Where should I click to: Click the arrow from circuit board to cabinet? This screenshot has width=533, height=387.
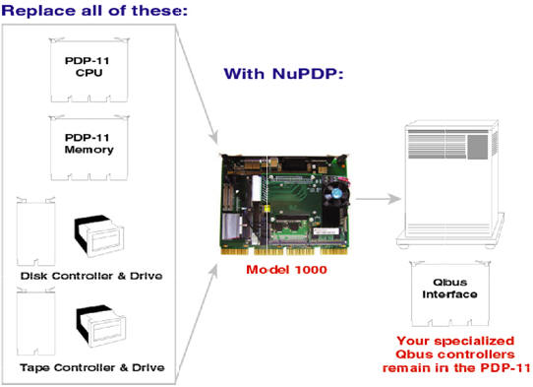pos(380,200)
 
